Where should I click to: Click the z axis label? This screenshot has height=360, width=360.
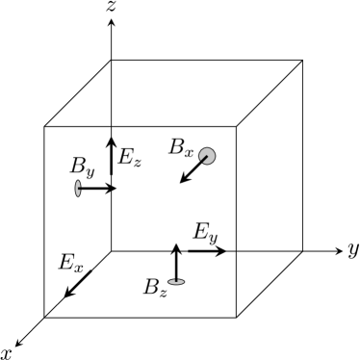click(114, 9)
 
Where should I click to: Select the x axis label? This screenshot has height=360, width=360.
click(7, 352)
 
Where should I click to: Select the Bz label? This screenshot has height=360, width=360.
click(153, 287)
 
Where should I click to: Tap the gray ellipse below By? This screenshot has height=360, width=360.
click(78, 188)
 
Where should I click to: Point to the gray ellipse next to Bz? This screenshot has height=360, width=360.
click(176, 281)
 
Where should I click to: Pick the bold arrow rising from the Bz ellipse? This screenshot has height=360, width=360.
click(176, 261)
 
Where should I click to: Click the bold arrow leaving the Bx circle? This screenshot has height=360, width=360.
click(193, 170)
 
